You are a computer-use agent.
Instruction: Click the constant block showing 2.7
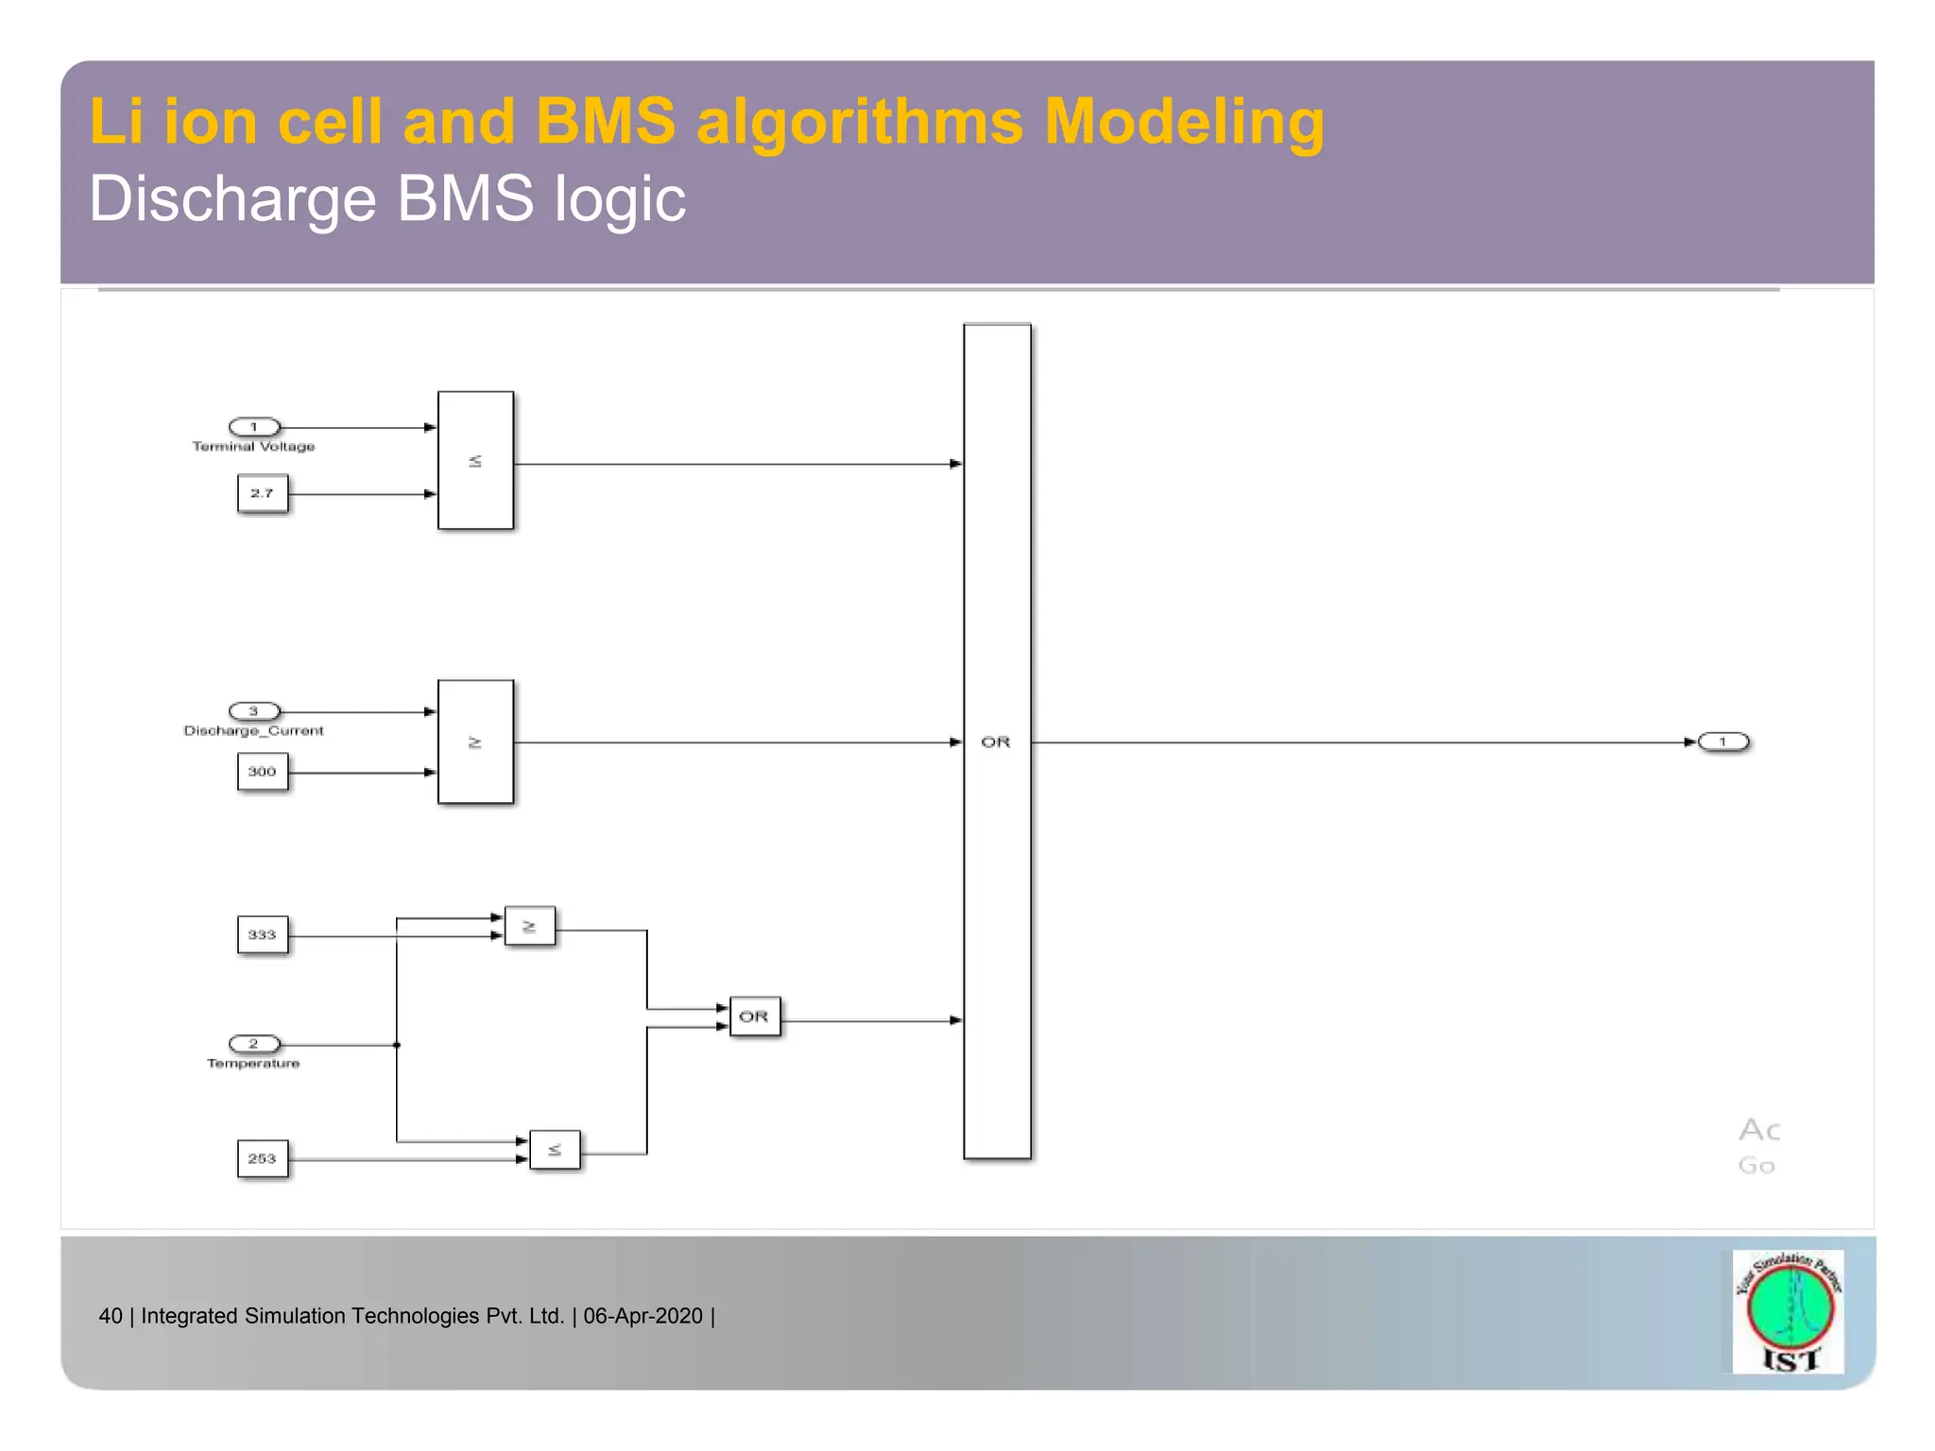pyautogui.click(x=262, y=493)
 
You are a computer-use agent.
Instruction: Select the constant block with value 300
pyautogui.click(x=262, y=772)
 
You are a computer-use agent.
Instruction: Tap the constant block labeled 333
pyautogui.click(x=262, y=935)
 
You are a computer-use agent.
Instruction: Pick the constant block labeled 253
pyautogui.click(x=262, y=1158)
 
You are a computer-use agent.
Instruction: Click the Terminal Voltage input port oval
pyautogui.click(x=254, y=427)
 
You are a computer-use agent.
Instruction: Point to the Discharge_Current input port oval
pyautogui.click(x=254, y=711)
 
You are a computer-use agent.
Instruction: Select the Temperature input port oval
pyautogui.click(x=254, y=1044)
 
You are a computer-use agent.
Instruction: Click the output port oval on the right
pyautogui.click(x=1723, y=742)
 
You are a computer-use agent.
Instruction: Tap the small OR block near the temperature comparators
pyautogui.click(x=754, y=1016)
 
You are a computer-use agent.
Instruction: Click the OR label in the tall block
pyautogui.click(x=996, y=743)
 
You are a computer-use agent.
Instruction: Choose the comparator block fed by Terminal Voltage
pyautogui.click(x=475, y=460)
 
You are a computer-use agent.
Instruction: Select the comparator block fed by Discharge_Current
pyautogui.click(x=475, y=742)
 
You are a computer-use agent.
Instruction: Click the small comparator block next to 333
pyautogui.click(x=529, y=927)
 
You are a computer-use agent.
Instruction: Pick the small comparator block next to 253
pyautogui.click(x=555, y=1150)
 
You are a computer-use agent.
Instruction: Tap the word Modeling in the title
pyautogui.click(x=1184, y=122)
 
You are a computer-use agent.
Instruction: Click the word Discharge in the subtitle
pyautogui.click(x=232, y=199)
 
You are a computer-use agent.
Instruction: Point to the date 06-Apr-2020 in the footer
pyautogui.click(x=642, y=1316)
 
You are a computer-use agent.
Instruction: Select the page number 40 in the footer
pyautogui.click(x=111, y=1316)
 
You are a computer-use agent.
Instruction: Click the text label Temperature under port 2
pyautogui.click(x=253, y=1064)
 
